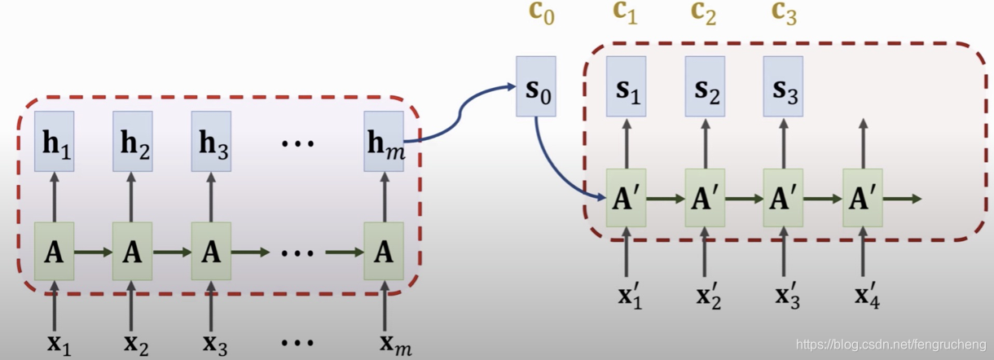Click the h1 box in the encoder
(x=54, y=141)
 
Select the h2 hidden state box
(x=132, y=141)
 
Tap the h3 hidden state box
(x=211, y=141)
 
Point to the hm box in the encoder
(x=384, y=141)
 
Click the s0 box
(x=536, y=86)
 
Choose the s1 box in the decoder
(x=626, y=86)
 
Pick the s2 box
(x=705, y=86)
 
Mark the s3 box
(x=783, y=86)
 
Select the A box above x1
(x=54, y=252)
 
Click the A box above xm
(x=384, y=252)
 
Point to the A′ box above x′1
(x=626, y=198)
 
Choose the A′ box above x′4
(x=863, y=198)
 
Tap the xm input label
(x=394, y=343)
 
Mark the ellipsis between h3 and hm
(x=297, y=143)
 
